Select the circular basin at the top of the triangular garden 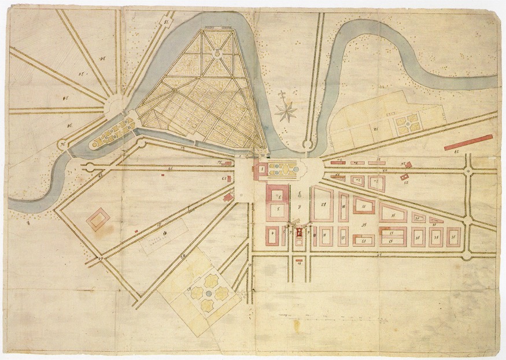217,53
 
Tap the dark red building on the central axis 299,233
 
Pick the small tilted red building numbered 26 405,166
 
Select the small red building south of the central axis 299,261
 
